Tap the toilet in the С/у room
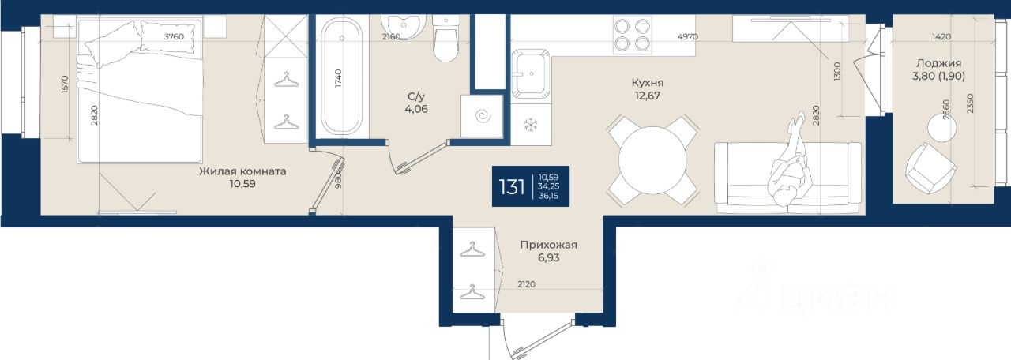click(446, 39)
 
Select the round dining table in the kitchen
click(652, 160)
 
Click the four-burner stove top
click(633, 36)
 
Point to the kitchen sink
click(531, 74)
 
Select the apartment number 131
click(512, 187)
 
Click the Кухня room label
click(648, 83)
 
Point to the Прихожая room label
click(548, 245)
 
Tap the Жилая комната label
click(242, 171)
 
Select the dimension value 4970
click(688, 37)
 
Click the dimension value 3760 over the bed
click(174, 37)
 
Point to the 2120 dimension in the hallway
click(526, 284)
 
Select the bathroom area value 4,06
click(416, 109)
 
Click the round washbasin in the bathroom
click(403, 27)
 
